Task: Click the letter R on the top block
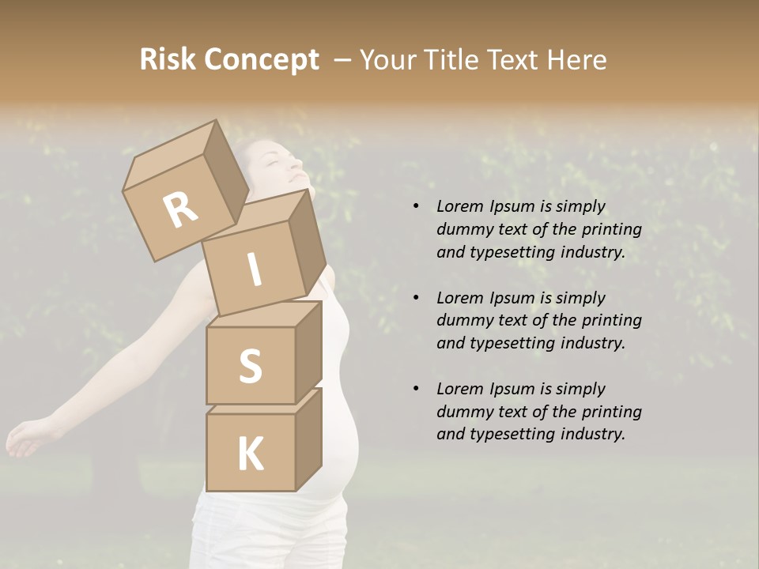(x=181, y=210)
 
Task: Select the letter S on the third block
(x=250, y=367)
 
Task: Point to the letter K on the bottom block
(x=250, y=454)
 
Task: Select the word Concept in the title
(x=261, y=60)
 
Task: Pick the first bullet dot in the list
(x=416, y=207)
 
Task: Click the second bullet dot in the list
(x=416, y=299)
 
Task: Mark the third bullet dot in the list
(x=416, y=390)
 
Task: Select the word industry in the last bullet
(x=593, y=434)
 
